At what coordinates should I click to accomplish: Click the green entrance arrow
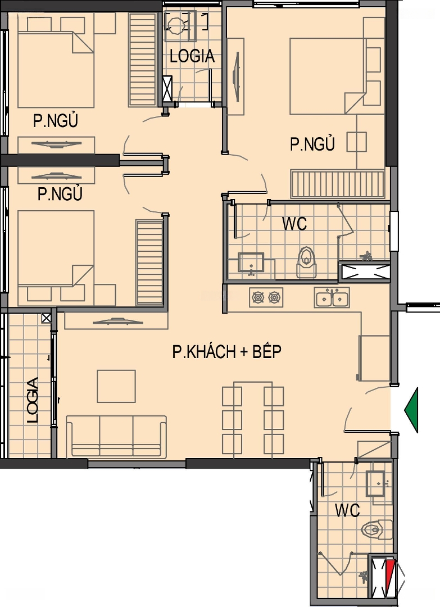pyautogui.click(x=411, y=410)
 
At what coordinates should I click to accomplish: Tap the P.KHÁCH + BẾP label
pyautogui.click(x=227, y=351)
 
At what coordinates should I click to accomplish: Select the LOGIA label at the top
pyautogui.click(x=192, y=56)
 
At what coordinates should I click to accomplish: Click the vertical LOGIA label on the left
pyautogui.click(x=33, y=400)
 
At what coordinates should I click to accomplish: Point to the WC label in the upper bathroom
pyautogui.click(x=294, y=223)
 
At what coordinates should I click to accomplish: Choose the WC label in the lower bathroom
pyautogui.click(x=347, y=510)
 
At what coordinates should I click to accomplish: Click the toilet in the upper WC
pyautogui.click(x=306, y=262)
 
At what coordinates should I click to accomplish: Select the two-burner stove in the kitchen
pyautogui.click(x=266, y=297)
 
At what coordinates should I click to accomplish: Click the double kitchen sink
pyautogui.click(x=332, y=297)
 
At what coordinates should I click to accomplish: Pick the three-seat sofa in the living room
pyautogui.click(x=116, y=436)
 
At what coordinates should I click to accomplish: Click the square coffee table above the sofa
pyautogui.click(x=116, y=386)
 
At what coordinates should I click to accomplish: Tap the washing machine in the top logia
pyautogui.click(x=180, y=25)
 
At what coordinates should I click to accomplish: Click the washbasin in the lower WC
pyautogui.click(x=375, y=483)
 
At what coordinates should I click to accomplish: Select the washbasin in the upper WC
pyautogui.click(x=251, y=263)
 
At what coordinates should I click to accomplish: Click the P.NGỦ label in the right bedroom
pyautogui.click(x=312, y=144)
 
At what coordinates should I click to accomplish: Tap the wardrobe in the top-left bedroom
pyautogui.click(x=143, y=59)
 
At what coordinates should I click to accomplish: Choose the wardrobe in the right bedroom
pyautogui.click(x=338, y=184)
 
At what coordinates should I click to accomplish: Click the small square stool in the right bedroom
pyautogui.click(x=356, y=142)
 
